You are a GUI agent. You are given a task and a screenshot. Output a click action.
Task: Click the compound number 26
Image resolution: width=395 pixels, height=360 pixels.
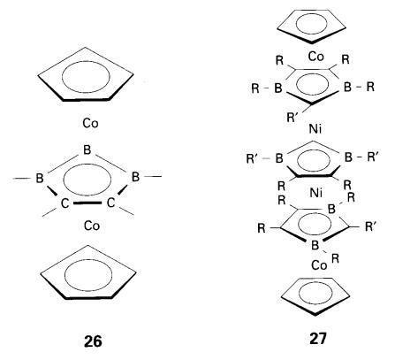click(93, 341)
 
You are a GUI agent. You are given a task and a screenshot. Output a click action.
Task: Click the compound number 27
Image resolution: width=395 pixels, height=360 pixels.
click(318, 339)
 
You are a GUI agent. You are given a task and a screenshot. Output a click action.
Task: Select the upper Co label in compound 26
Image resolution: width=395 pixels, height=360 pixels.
click(90, 123)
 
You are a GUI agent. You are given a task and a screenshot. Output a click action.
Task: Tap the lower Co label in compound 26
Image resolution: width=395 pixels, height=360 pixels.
click(92, 226)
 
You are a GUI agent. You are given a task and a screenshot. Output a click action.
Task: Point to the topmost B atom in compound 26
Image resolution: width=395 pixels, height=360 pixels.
click(87, 150)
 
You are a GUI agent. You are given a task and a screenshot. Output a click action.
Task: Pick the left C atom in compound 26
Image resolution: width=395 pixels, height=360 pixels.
click(65, 203)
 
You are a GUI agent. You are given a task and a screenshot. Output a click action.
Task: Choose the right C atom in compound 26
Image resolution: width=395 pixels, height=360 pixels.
click(110, 203)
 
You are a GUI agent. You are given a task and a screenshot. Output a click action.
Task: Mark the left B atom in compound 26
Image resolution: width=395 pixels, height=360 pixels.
click(40, 178)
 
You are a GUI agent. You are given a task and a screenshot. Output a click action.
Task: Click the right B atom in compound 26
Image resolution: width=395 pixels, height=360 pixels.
click(135, 177)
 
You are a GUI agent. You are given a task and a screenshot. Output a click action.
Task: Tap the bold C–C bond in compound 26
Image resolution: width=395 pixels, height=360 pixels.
click(87, 203)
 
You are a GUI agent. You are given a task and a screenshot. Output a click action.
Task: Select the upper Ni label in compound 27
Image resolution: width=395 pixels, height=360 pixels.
click(315, 129)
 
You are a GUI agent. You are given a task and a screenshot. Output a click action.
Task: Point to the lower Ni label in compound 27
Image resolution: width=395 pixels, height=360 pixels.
click(315, 193)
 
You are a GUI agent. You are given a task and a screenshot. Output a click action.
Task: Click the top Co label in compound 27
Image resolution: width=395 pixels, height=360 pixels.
click(316, 57)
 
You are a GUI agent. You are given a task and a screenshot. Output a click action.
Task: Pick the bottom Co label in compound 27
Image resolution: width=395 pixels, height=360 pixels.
click(319, 265)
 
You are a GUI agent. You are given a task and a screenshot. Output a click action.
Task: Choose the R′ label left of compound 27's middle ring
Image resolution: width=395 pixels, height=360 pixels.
click(252, 159)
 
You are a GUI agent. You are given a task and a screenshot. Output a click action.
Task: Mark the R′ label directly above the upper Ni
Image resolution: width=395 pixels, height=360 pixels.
click(292, 118)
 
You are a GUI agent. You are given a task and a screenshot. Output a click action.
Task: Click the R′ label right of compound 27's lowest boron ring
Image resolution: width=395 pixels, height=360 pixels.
click(371, 226)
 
